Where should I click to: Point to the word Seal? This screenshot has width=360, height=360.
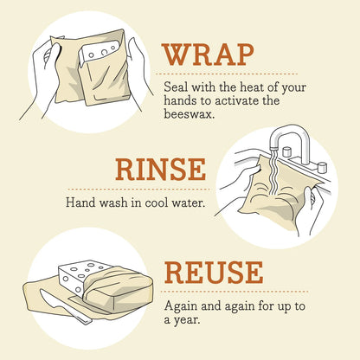point(177,87)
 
